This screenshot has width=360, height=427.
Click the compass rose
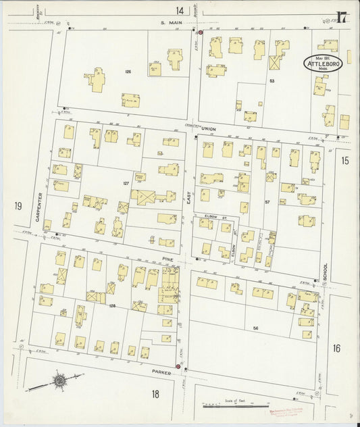(59, 381)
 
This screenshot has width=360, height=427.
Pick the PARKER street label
(162, 372)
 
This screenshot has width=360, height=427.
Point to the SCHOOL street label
(325, 272)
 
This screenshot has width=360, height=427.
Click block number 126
(126, 71)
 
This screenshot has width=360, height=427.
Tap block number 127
(126, 183)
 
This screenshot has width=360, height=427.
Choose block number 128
(113, 306)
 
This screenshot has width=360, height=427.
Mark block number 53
(272, 81)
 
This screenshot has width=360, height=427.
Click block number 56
(255, 328)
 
